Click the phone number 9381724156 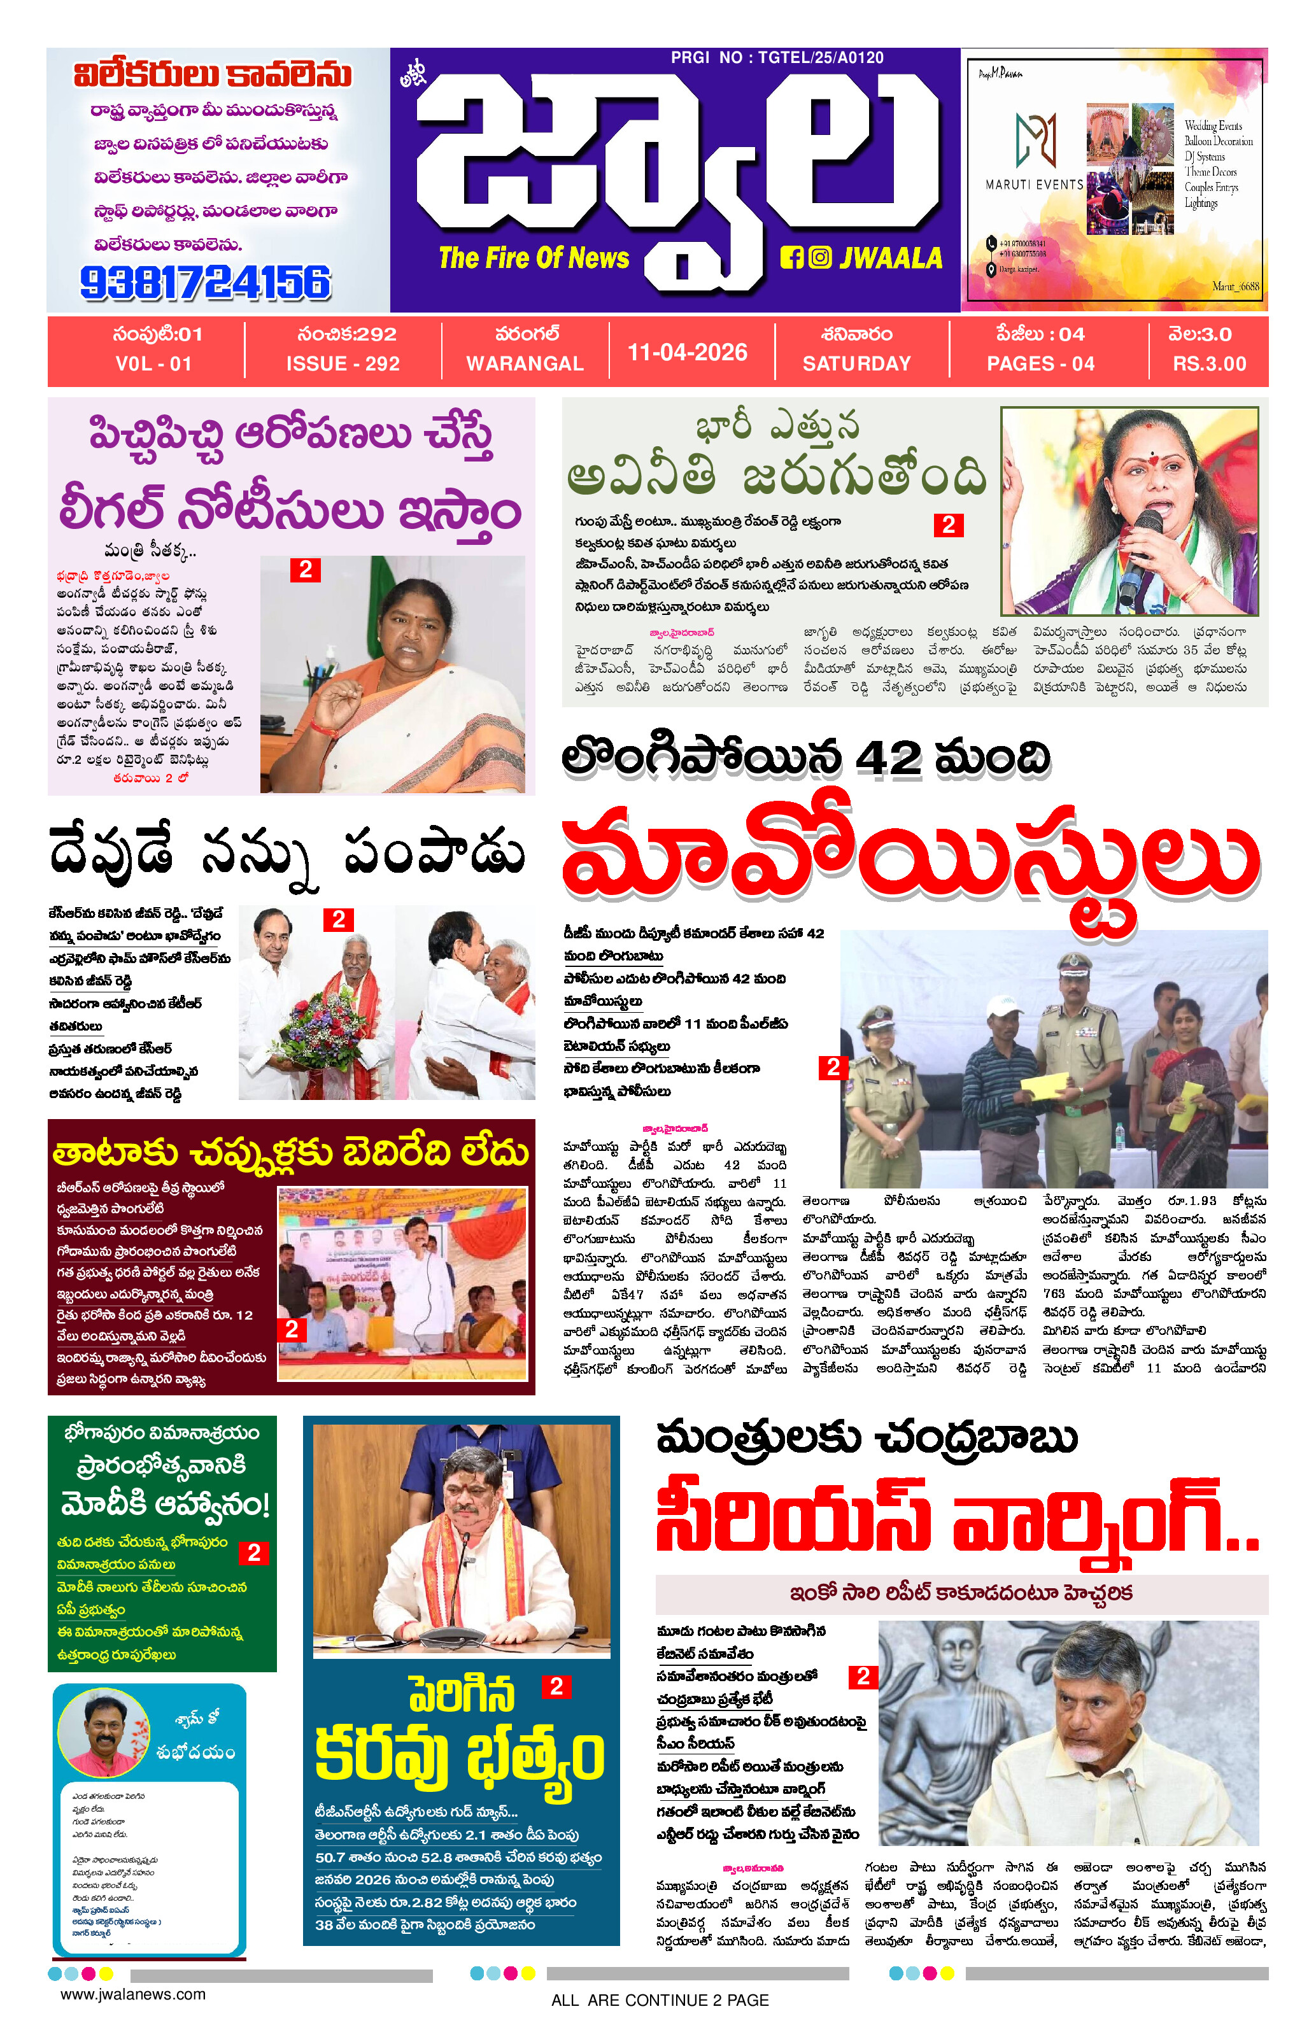click(x=205, y=283)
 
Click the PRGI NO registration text click(x=776, y=57)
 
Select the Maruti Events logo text click(x=1034, y=184)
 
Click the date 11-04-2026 click(x=688, y=352)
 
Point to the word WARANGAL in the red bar click(x=525, y=363)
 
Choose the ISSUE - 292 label click(x=343, y=363)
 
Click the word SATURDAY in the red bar click(x=856, y=363)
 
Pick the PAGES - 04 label click(x=1040, y=363)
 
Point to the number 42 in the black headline click(x=888, y=758)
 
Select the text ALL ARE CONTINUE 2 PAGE click(x=660, y=2000)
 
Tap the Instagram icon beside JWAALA click(x=819, y=258)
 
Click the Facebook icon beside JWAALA click(x=791, y=258)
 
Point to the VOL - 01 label click(x=153, y=363)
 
